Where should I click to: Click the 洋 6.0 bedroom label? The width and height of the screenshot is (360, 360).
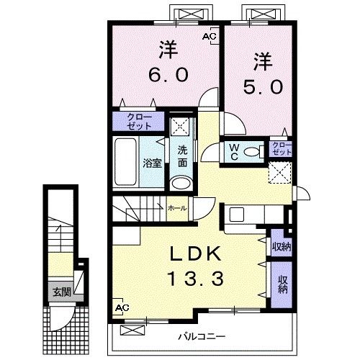pyautogui.click(x=168, y=62)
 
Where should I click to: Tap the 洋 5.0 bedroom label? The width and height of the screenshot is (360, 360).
pyautogui.click(x=264, y=73)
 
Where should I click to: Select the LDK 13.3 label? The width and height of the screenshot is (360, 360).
pyautogui.click(x=196, y=266)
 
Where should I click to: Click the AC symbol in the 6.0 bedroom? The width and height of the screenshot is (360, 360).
pyautogui.click(x=210, y=36)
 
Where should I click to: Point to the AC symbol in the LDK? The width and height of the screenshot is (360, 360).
pyautogui.click(x=122, y=307)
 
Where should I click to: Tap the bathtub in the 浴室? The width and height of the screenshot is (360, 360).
pyautogui.click(x=125, y=162)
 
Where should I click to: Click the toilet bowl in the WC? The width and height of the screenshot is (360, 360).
pyautogui.click(x=251, y=152)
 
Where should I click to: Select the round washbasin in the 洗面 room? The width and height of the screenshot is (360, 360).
pyautogui.click(x=181, y=184)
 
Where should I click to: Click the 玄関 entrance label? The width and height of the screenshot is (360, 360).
pyautogui.click(x=62, y=292)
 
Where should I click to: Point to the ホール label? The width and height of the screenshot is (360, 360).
pyautogui.click(x=177, y=208)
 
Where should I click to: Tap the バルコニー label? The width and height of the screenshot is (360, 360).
pyautogui.click(x=202, y=336)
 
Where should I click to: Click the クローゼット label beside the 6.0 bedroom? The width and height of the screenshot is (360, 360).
pyautogui.click(x=139, y=122)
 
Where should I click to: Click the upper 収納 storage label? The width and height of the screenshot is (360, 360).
pyautogui.click(x=282, y=246)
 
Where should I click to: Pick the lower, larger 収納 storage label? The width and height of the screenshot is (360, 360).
pyautogui.click(x=283, y=284)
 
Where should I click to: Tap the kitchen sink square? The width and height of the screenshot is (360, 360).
pyautogui.click(x=237, y=215)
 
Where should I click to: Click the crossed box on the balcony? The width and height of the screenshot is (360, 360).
pyautogui.click(x=132, y=330)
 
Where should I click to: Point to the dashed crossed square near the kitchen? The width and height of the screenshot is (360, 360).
pyautogui.click(x=280, y=173)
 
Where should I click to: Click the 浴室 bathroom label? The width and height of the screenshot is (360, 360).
pyautogui.click(x=153, y=163)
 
